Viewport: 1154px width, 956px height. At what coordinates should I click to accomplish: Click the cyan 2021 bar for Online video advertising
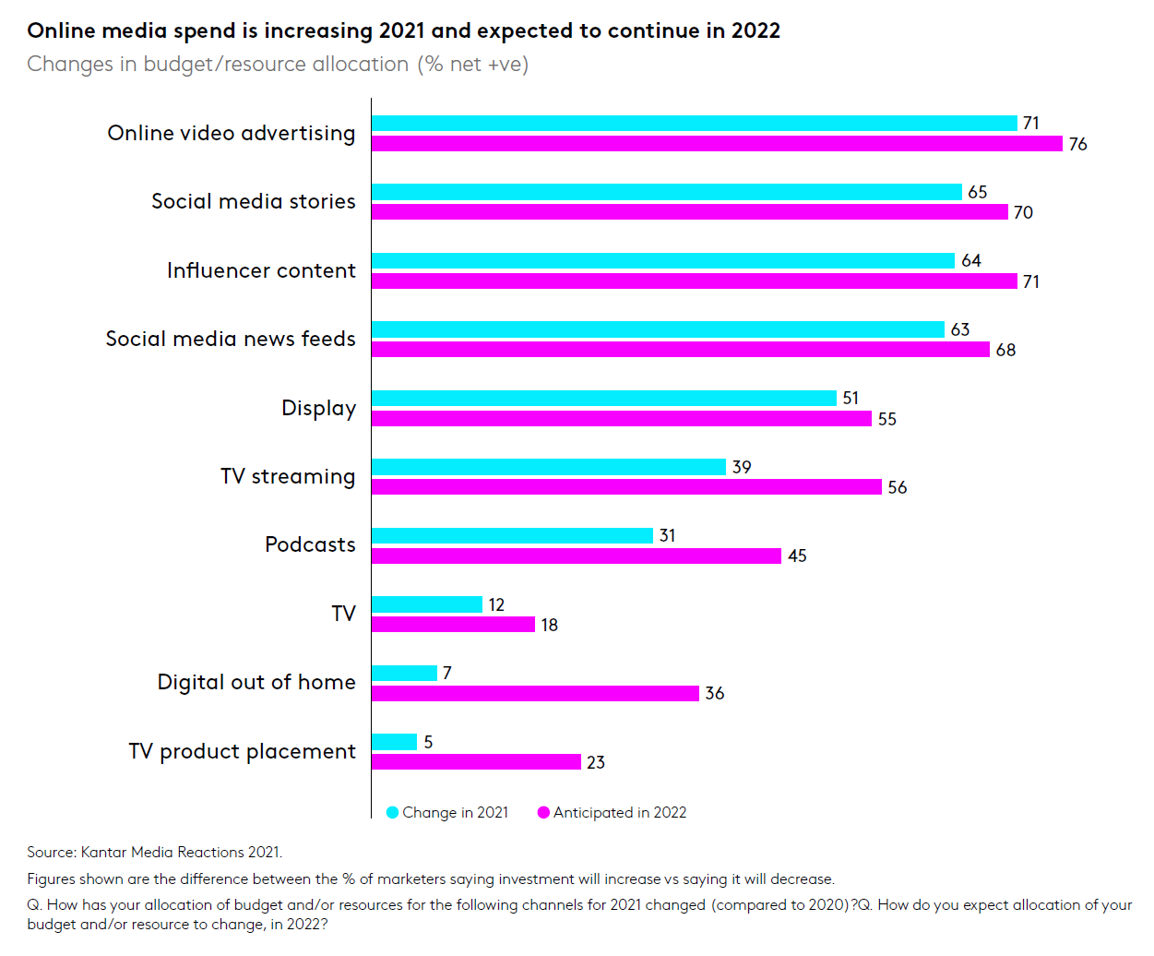[x=694, y=124]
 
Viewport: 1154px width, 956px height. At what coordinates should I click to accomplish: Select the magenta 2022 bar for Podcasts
[x=577, y=556]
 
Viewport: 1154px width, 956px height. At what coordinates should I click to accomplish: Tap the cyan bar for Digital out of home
[x=404, y=674]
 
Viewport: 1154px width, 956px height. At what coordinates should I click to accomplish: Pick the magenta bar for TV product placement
[x=476, y=762]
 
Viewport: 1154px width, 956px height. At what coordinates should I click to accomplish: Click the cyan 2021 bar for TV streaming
[x=549, y=467]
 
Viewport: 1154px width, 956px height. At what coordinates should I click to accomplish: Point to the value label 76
[x=1077, y=145]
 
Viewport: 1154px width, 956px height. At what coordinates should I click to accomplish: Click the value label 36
[x=715, y=693]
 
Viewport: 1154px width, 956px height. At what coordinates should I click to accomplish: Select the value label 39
[x=742, y=467]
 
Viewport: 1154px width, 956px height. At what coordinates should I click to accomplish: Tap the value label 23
[x=596, y=762]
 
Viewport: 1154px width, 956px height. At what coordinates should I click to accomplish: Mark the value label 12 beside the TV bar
[x=496, y=604]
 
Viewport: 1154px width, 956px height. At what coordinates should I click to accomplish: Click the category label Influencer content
[x=261, y=270]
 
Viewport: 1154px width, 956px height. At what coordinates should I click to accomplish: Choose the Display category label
[x=318, y=408]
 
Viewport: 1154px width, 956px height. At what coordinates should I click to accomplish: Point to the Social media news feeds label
[x=231, y=339]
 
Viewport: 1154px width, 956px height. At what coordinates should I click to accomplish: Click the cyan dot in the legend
[x=392, y=812]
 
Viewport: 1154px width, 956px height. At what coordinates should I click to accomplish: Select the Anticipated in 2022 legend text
[x=620, y=812]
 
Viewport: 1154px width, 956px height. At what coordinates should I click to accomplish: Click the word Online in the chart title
[x=61, y=30]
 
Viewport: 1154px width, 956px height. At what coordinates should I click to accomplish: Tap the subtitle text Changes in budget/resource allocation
[x=218, y=65]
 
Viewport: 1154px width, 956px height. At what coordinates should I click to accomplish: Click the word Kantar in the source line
[x=103, y=852]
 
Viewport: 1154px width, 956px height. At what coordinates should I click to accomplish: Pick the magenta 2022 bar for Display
[x=622, y=419]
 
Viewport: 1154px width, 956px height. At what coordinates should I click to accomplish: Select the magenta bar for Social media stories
[x=690, y=212]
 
